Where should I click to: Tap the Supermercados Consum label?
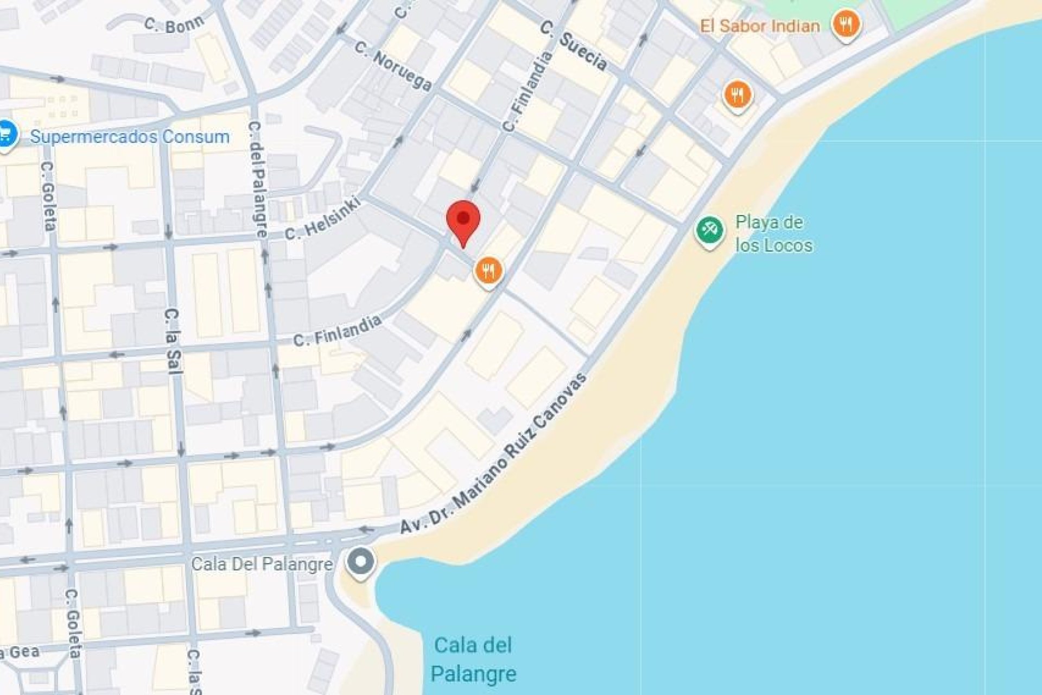coord(130,136)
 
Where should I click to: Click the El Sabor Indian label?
coord(760,26)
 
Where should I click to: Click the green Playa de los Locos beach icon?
coord(709,231)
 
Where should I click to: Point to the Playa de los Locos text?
coord(773,233)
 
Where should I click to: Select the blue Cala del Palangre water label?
coord(473,659)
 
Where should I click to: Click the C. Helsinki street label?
coord(322,219)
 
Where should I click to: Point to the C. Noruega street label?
coord(393,66)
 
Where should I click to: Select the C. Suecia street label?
coord(574,45)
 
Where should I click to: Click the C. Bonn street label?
coord(174,24)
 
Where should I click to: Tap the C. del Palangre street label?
coord(258,179)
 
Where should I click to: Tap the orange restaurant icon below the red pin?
coord(488,270)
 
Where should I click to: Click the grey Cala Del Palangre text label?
coord(262,564)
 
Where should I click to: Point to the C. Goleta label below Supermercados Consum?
coord(48,195)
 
